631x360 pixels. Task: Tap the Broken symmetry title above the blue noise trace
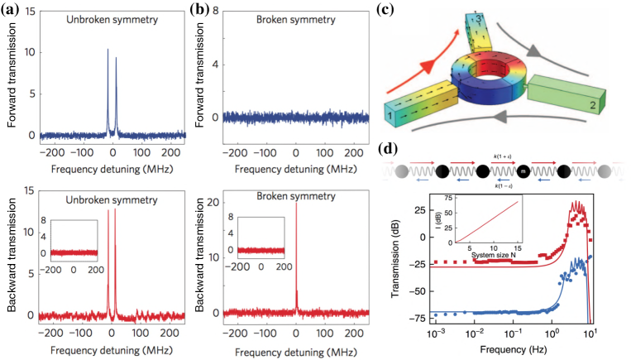click(x=289, y=19)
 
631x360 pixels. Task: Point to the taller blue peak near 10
click(x=108, y=51)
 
